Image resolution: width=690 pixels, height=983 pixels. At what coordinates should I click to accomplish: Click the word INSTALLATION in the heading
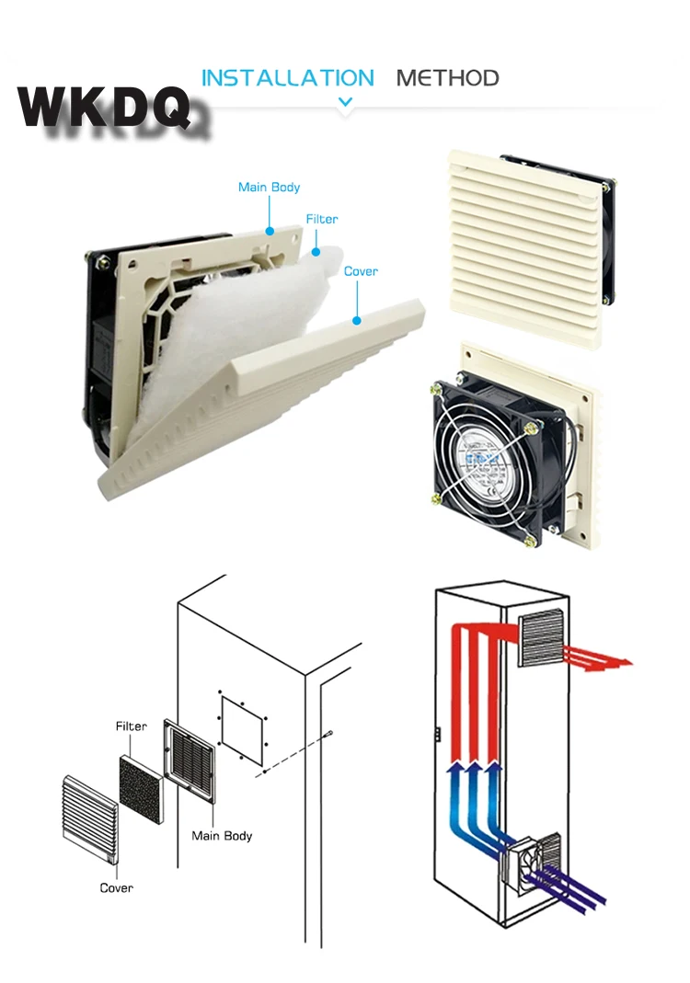point(287,78)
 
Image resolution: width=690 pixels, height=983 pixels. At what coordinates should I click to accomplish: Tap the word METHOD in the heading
point(447,78)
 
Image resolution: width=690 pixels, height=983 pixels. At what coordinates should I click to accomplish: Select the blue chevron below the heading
point(345,102)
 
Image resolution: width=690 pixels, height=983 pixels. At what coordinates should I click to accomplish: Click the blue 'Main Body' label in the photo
point(269,188)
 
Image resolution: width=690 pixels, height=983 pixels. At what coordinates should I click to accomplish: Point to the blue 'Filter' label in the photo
point(321,220)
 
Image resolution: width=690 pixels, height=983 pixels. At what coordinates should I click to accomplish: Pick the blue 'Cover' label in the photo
point(361,271)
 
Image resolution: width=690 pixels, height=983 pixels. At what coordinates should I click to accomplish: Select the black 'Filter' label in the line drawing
point(131,726)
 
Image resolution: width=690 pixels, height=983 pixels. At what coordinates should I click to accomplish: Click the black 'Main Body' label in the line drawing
point(222,836)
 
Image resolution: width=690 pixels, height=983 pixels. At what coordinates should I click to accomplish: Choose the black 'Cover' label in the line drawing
point(117,887)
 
